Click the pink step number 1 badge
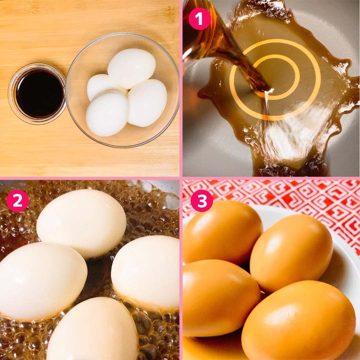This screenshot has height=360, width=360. [200, 19]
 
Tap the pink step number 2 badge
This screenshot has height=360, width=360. [17, 201]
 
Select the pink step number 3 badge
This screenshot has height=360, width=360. [202, 201]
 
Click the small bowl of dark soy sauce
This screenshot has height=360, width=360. [37, 93]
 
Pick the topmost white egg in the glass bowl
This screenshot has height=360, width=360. [132, 68]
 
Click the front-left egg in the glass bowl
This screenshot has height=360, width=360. [107, 113]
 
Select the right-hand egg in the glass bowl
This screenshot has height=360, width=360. [147, 103]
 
